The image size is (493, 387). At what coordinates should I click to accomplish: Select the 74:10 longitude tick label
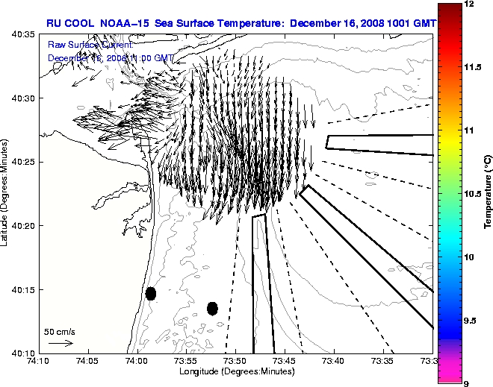click(x=39, y=362)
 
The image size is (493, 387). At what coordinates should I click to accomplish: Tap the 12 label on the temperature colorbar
click(x=469, y=4)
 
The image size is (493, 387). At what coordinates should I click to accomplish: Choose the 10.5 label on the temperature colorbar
click(x=473, y=193)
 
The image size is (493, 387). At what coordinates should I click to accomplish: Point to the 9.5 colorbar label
click(x=471, y=321)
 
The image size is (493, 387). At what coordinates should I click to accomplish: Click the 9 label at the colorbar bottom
click(x=466, y=383)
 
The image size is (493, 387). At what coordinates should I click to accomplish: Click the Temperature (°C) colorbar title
click(x=487, y=193)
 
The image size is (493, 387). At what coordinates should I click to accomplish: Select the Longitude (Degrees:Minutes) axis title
click(x=235, y=371)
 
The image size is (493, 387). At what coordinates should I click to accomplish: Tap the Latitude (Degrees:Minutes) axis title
click(x=6, y=193)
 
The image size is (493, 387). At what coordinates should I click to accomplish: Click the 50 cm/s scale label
click(x=60, y=331)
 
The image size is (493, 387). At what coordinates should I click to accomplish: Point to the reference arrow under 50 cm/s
click(x=60, y=343)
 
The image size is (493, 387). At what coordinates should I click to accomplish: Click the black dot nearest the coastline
click(x=151, y=293)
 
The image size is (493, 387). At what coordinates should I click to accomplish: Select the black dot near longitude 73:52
click(x=212, y=308)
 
